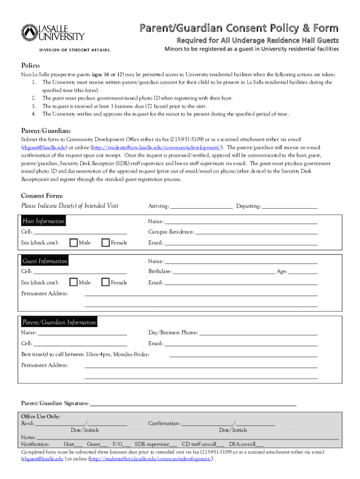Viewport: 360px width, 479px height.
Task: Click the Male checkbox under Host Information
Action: click(x=74, y=242)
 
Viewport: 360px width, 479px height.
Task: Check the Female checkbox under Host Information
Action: click(x=106, y=242)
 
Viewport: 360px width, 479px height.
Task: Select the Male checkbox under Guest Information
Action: click(x=74, y=282)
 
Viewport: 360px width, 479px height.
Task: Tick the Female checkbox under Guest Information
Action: click(x=106, y=282)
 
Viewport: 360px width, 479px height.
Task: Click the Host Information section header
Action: click(x=43, y=221)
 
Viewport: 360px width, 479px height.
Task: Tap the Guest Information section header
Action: click(x=45, y=261)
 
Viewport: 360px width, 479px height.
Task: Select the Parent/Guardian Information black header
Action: click(x=59, y=322)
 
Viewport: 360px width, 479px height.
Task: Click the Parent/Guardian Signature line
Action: click(x=193, y=404)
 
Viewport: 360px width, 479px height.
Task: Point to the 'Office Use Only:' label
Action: click(x=40, y=416)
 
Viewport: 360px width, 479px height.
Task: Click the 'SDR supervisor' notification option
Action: click(x=154, y=444)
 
